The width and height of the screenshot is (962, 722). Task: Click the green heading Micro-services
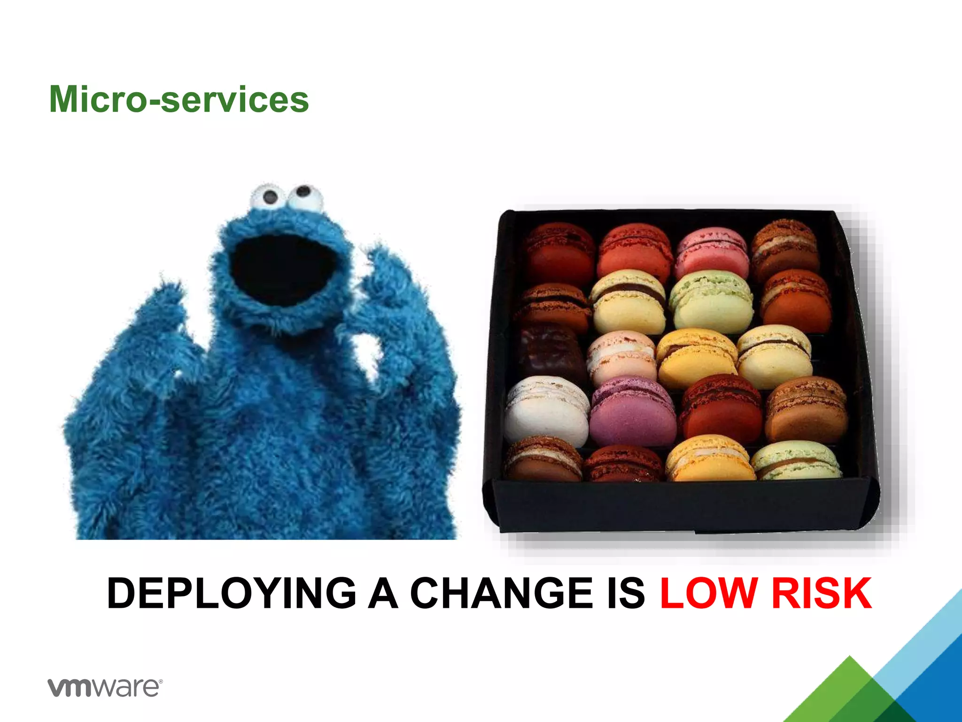tap(179, 99)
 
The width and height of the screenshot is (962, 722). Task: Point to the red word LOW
tap(709, 593)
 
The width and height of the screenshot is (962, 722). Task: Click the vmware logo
tap(105, 687)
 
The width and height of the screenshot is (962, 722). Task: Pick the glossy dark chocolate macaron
tap(551, 350)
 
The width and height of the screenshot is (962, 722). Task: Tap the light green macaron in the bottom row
tap(797, 461)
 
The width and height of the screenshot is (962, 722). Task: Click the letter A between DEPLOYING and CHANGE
tap(383, 593)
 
